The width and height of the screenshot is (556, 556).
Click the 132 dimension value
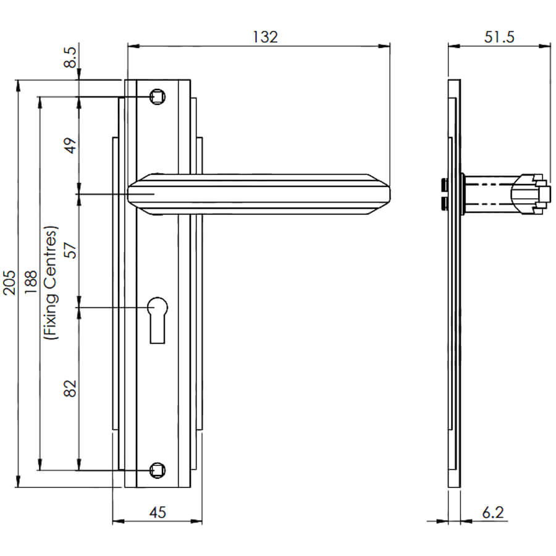click(x=265, y=37)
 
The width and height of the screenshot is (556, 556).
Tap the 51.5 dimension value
click(x=499, y=37)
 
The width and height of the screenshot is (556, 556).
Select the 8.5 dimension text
click(x=70, y=57)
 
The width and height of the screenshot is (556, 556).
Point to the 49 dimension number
click(x=70, y=145)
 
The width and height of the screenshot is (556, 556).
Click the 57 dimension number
click(x=70, y=250)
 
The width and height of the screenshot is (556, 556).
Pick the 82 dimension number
click(x=70, y=389)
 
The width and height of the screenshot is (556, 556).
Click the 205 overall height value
click(x=9, y=282)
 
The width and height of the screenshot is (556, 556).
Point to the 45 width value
click(x=158, y=512)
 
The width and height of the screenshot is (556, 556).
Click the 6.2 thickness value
click(x=493, y=512)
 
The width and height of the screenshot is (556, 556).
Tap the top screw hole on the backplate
click(x=158, y=96)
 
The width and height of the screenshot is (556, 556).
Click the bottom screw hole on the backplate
click(x=158, y=470)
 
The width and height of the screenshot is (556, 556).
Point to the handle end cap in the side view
click(x=531, y=195)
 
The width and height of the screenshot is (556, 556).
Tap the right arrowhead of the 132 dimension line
click(x=384, y=46)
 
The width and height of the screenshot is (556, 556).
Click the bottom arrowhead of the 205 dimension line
click(x=18, y=481)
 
